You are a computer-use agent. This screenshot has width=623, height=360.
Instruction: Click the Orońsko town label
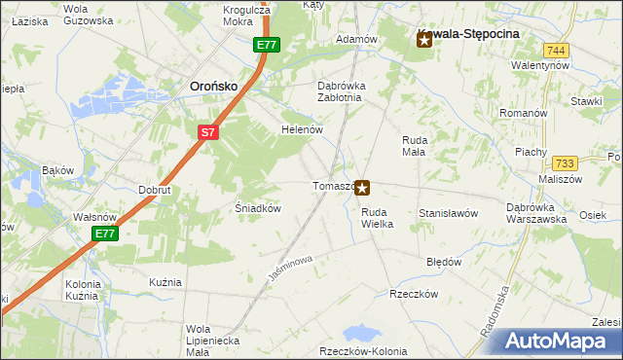(x=213, y=86)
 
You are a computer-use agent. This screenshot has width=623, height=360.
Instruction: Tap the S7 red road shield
(x=207, y=132)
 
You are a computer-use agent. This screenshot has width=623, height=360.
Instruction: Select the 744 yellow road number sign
(x=556, y=50)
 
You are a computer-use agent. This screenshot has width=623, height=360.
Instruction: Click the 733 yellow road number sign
(x=564, y=164)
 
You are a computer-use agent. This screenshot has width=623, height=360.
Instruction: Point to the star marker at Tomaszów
(x=362, y=187)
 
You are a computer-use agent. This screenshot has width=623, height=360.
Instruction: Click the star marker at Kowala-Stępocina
(x=423, y=40)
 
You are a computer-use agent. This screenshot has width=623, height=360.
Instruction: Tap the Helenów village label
(x=301, y=129)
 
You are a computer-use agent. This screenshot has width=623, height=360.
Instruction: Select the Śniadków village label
(x=259, y=208)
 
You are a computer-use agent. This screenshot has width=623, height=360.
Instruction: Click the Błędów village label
(x=444, y=262)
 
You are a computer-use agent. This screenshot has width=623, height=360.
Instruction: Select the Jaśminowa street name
(x=289, y=270)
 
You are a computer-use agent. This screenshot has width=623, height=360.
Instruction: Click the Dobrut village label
(x=155, y=190)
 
